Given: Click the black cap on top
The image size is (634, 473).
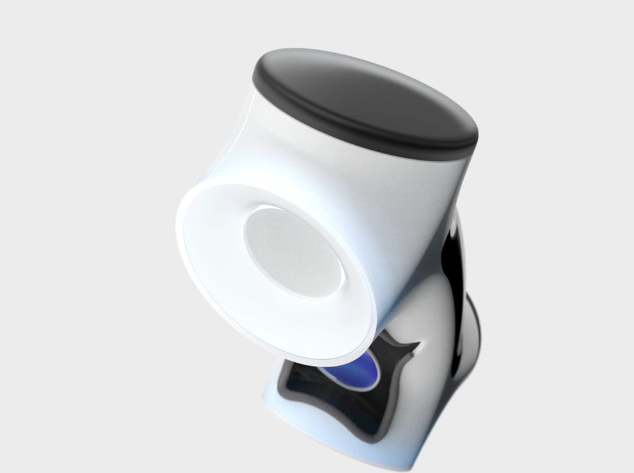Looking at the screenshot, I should tap(366, 99).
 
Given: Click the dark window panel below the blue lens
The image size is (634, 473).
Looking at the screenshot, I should tap(322, 402).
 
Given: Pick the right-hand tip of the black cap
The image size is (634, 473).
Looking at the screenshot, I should tap(478, 133).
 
